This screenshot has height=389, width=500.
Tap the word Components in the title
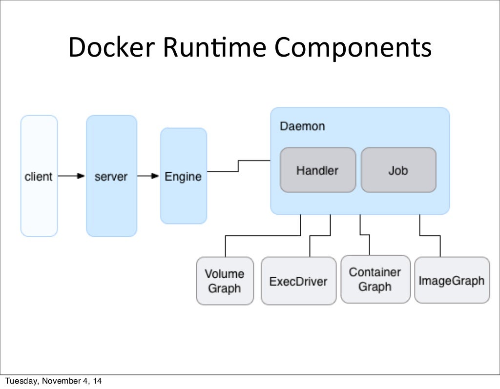click(x=353, y=48)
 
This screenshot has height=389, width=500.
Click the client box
click(x=39, y=176)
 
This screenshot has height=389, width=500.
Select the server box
click(x=111, y=176)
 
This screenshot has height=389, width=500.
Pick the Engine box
click(x=183, y=176)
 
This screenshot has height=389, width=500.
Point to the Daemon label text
click(x=302, y=126)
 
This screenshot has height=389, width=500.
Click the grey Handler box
click(x=317, y=170)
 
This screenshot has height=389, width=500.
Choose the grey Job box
click(x=398, y=170)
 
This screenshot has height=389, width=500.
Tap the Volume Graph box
click(x=225, y=281)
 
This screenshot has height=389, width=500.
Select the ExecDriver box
click(x=298, y=281)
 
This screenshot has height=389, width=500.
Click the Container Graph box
click(x=375, y=279)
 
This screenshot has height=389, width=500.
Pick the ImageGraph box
click(x=451, y=280)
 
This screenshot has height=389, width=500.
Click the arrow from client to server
click(x=71, y=176)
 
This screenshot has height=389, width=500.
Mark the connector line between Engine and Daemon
click(x=238, y=166)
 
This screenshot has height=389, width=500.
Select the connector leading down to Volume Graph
click(x=264, y=236)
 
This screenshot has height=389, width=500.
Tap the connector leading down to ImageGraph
click(x=430, y=236)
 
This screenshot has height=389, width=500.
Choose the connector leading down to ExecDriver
click(x=320, y=236)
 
